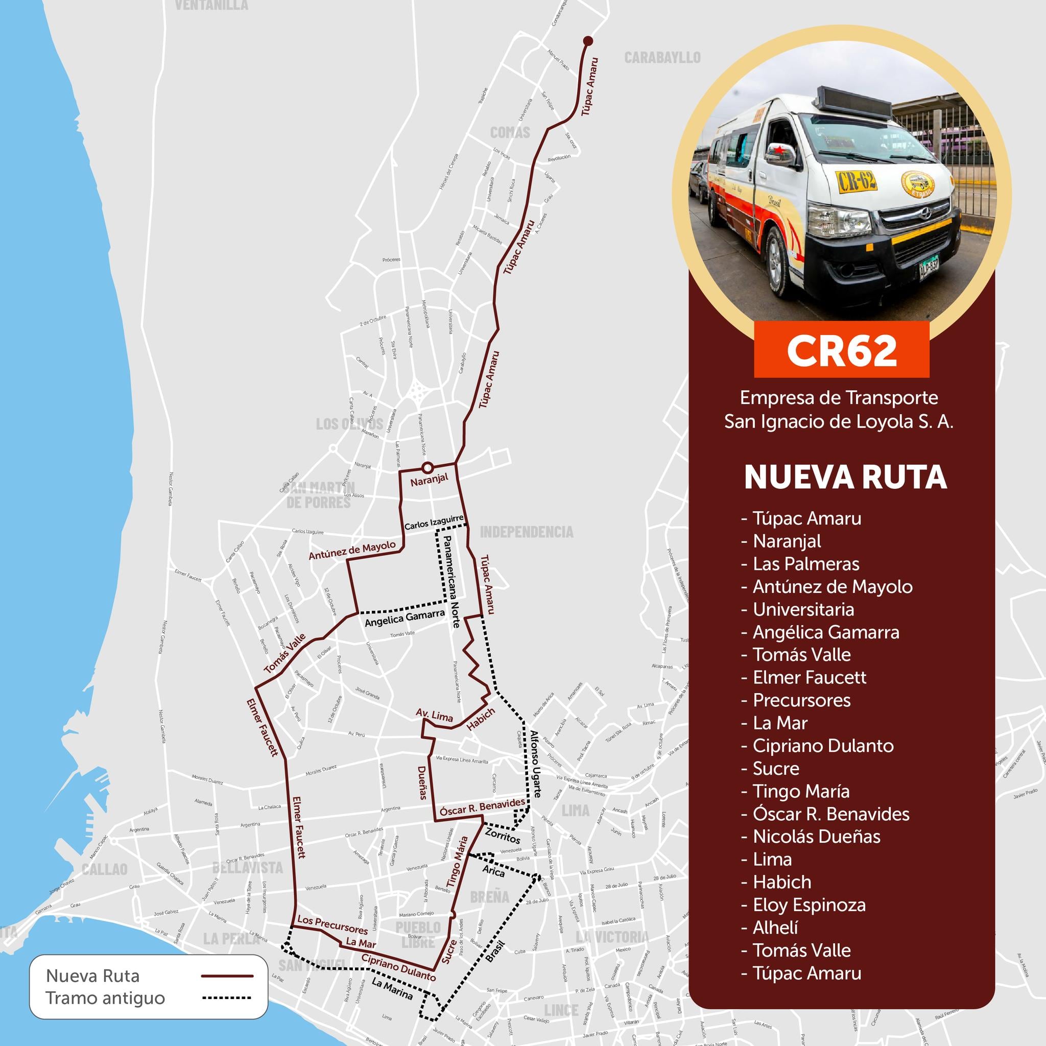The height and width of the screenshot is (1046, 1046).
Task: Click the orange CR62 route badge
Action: [841, 350]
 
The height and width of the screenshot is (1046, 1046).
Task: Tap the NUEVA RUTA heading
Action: [845, 478]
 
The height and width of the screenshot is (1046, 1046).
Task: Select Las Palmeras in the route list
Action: [805, 564]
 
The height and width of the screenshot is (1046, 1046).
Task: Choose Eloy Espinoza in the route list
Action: [809, 905]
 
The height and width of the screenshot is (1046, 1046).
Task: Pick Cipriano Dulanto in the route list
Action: [823, 746]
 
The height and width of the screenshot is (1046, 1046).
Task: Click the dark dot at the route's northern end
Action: [588, 41]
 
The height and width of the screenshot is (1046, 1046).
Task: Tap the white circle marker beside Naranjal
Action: [427, 467]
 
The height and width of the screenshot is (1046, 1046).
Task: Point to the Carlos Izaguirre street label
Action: [434, 522]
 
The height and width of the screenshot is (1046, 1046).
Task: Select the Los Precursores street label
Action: [332, 925]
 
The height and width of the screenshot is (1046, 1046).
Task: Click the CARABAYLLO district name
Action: [662, 57]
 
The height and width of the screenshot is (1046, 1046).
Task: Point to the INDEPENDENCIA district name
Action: [526, 532]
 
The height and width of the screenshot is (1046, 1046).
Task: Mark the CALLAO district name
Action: [105, 869]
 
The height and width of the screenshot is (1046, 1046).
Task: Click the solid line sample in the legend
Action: [227, 976]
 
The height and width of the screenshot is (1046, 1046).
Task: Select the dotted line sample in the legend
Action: [227, 998]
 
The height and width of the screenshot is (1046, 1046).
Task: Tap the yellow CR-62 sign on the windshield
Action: [857, 181]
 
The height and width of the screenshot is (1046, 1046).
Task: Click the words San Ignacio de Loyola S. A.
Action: [839, 422]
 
